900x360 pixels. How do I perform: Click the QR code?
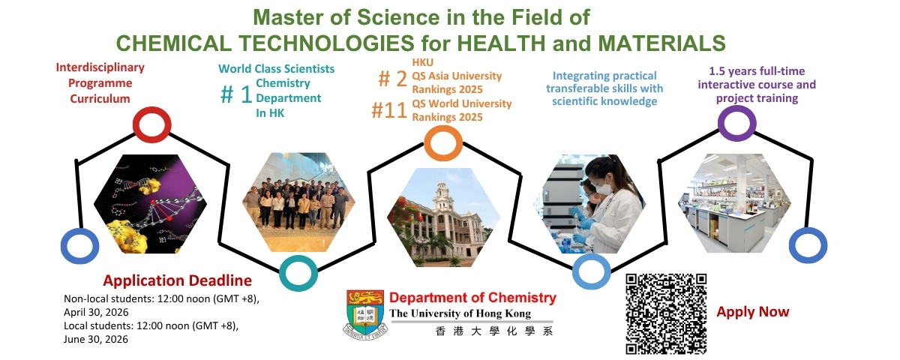click(666, 314)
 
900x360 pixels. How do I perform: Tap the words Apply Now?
click(753, 312)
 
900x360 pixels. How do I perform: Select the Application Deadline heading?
click(177, 280)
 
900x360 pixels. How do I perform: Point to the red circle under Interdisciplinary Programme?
click(151, 108)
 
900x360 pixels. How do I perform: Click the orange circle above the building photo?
click(443, 127)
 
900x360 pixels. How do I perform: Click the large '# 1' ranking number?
click(236, 94)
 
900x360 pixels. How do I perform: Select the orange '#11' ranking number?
click(389, 110)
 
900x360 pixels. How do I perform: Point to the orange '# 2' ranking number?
click(392, 79)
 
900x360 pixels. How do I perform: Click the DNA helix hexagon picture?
click(150, 204)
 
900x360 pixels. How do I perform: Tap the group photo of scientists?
click(298, 202)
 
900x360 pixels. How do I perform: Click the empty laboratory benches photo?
click(735, 203)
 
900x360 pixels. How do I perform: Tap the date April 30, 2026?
click(96, 313)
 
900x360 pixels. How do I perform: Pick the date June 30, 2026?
click(96, 340)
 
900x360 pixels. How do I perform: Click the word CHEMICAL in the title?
click(173, 43)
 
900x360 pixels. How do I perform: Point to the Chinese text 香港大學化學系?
click(493, 331)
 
